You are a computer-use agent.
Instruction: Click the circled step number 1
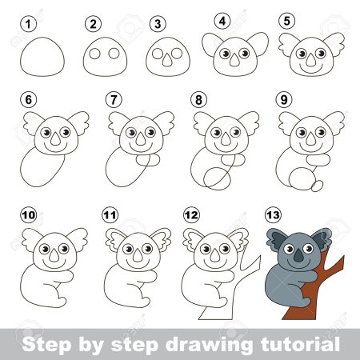(28, 24)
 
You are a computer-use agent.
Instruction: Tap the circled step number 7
(114, 100)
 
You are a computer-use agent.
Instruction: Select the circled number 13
(274, 215)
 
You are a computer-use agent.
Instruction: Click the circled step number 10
(29, 215)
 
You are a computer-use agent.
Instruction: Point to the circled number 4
(222, 21)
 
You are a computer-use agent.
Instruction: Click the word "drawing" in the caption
(209, 344)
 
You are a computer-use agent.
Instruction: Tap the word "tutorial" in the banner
(301, 344)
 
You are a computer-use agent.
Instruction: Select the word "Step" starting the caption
(47, 345)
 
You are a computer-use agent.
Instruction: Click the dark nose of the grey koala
(298, 256)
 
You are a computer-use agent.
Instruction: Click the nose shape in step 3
(167, 62)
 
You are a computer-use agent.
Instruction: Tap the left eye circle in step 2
(94, 54)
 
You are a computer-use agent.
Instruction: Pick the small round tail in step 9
(318, 186)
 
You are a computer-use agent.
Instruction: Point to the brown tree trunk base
(298, 313)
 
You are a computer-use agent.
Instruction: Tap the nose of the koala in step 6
(55, 139)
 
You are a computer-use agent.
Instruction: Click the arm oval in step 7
(148, 160)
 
